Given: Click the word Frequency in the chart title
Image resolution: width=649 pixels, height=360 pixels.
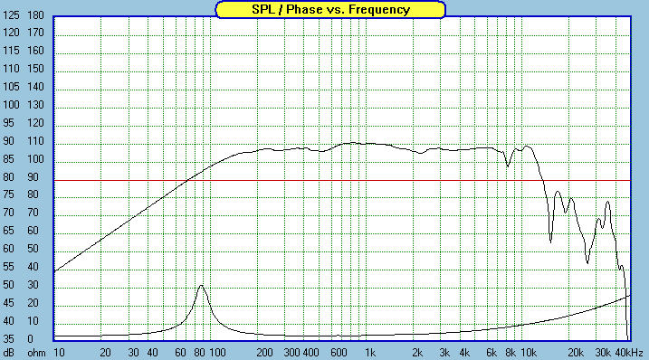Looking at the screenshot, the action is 379,10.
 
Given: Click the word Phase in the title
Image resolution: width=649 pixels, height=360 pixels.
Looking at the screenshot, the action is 304,9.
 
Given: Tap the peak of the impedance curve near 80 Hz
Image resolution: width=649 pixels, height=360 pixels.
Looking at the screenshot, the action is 201,286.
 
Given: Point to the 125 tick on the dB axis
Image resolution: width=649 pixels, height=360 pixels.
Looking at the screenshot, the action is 11,15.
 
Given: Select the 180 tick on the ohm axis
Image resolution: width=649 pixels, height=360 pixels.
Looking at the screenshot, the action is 35,15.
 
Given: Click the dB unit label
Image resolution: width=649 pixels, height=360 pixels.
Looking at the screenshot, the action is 8,353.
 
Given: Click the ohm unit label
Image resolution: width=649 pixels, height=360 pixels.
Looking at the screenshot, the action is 36,353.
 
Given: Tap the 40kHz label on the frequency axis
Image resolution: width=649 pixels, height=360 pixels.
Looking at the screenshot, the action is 629,353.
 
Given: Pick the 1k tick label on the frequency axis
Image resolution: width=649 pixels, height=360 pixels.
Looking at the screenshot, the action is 370,353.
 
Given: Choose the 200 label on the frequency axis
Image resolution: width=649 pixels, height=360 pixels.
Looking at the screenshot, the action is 264,353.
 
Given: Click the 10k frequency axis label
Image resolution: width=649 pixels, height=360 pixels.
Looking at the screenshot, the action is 529,353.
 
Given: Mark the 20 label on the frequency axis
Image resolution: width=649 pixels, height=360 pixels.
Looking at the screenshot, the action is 106,353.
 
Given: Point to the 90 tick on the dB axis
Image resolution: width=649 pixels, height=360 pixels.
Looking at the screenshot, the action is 8,141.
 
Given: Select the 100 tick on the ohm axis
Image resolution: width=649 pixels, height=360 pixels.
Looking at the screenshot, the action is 35,159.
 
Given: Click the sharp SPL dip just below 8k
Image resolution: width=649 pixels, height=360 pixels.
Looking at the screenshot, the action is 508,166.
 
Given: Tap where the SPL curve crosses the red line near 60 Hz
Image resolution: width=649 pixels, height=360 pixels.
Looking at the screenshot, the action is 187,180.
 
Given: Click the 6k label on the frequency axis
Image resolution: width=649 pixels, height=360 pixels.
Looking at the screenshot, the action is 492,353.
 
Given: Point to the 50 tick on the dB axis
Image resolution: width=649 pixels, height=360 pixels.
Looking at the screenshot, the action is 8,285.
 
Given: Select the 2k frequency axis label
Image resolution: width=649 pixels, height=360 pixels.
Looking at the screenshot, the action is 417,353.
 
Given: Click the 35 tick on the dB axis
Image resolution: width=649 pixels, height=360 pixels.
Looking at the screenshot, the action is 8,339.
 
